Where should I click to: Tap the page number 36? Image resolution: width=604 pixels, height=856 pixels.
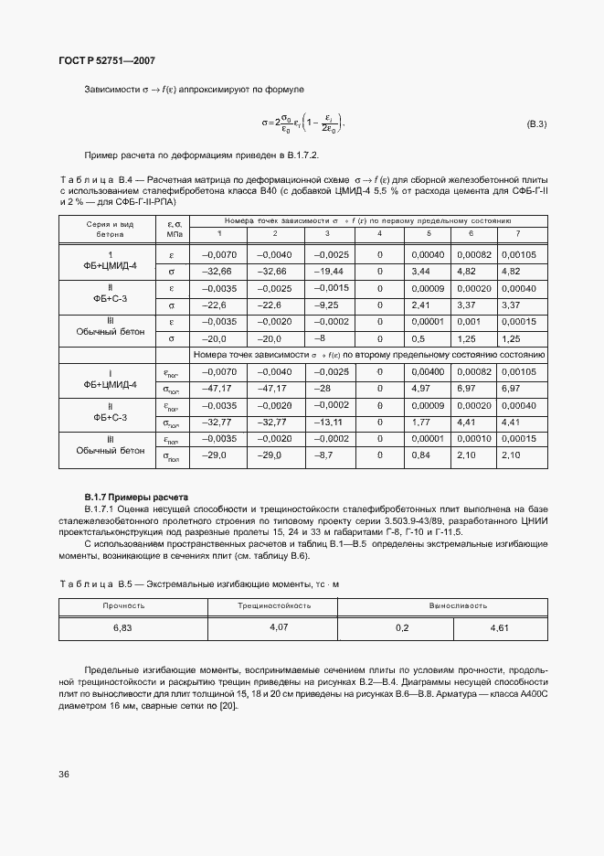[x=64, y=774]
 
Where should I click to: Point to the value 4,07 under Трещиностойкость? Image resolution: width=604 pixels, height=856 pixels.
[x=280, y=627]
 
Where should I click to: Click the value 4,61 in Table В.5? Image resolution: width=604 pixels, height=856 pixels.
[x=500, y=628]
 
